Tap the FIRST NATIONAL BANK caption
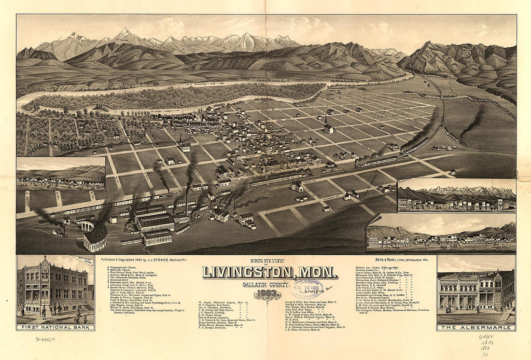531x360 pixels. [55, 327]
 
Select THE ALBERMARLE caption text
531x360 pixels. [476, 328]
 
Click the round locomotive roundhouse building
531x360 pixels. [95, 237]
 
